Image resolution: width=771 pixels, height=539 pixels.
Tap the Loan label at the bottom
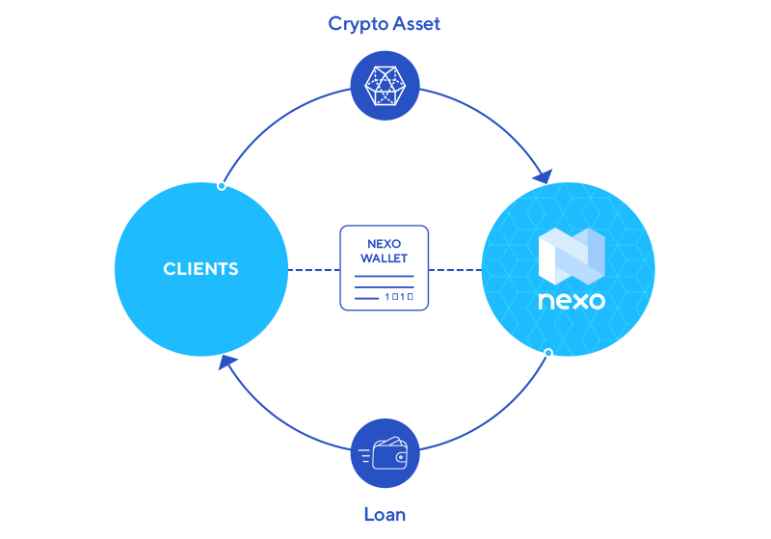pos(385,514)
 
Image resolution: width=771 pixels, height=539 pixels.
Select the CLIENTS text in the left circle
pos(200,269)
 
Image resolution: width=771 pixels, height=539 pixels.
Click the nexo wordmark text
pos(572,301)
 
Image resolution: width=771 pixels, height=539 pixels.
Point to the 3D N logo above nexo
pos(571,256)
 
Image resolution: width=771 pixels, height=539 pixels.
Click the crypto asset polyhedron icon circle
pos(385,86)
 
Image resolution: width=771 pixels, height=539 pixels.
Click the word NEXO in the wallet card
pos(384,245)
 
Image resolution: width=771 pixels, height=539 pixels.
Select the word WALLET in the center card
pos(384,258)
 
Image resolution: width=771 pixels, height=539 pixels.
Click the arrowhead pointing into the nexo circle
pos(543,176)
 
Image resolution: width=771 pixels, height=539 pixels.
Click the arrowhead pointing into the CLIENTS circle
pos(227,363)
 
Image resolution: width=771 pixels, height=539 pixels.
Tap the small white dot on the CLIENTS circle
pos(222,185)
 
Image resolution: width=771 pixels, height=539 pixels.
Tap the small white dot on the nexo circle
pos(548,353)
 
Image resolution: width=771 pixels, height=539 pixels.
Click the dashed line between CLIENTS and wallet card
pos(313,270)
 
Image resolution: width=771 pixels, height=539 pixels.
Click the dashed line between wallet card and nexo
pos(455,270)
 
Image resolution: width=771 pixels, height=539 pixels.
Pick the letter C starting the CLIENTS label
pos(169,269)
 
